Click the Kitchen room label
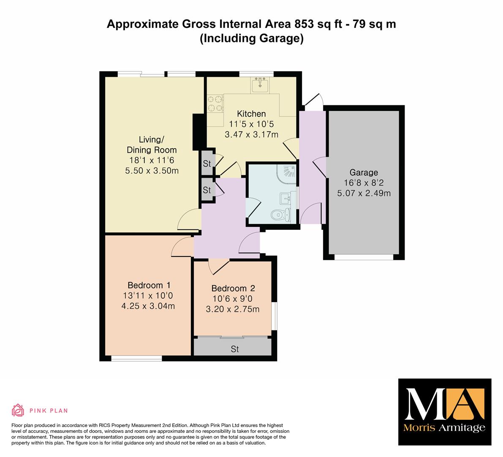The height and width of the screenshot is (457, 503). (x=251, y=114)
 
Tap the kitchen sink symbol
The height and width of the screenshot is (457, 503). (x=260, y=85)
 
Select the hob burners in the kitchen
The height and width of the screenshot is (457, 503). (x=215, y=104)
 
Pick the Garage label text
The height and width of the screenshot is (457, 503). (x=364, y=173)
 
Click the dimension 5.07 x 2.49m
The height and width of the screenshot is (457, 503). (x=364, y=193)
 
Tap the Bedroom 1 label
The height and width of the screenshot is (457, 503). (x=149, y=285)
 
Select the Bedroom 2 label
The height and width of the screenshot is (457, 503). (x=233, y=288)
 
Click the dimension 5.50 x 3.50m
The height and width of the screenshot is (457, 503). (x=152, y=171)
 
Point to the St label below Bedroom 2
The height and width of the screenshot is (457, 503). (x=235, y=349)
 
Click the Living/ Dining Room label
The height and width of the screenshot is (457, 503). (x=152, y=145)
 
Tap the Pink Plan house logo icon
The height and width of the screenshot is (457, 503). (x=18, y=410)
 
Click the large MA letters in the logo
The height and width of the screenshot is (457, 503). (x=445, y=404)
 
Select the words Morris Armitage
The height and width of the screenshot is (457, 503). (x=444, y=428)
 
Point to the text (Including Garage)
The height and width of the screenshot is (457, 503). (x=252, y=38)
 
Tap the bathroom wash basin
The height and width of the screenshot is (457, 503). (x=285, y=198)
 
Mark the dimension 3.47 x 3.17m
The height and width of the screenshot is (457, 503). (x=252, y=134)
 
